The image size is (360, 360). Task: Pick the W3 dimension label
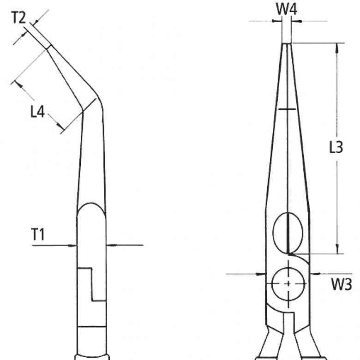[341, 284]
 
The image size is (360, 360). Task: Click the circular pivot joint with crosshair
[288, 283]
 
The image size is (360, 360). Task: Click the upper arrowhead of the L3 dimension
[339, 47]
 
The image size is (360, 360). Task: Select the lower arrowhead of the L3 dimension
[339, 250]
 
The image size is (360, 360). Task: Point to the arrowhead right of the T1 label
[74, 245]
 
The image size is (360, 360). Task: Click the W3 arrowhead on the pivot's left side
[263, 274]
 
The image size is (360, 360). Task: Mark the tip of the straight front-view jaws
[287, 44]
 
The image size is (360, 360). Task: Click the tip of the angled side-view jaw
[48, 46]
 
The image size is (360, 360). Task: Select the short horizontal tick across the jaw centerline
[287, 109]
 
